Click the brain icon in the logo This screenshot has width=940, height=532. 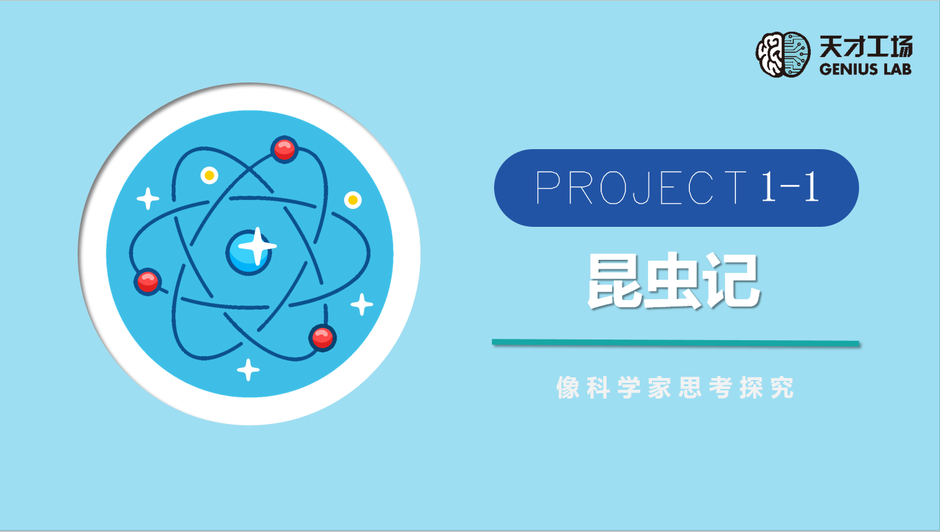783,54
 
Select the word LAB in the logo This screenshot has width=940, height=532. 897,69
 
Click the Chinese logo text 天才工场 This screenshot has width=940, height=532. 866,46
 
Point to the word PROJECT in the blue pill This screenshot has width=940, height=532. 641,187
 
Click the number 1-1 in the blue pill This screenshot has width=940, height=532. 790,186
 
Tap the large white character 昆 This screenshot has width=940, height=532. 615,280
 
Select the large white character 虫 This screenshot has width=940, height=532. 673,280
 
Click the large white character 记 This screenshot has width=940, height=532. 732,280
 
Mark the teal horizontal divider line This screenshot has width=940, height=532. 675,343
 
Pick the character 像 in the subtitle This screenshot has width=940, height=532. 568,387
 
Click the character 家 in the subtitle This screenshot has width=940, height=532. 660,387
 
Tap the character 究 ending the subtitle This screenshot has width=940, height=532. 782,387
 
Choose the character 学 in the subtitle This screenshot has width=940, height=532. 629,387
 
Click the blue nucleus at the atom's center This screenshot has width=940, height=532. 249,252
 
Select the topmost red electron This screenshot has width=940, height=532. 284,149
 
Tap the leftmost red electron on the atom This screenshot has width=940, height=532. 148,281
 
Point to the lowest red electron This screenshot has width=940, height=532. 322,337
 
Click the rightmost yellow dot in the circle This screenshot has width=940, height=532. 353,200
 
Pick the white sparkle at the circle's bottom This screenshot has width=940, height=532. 248,370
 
